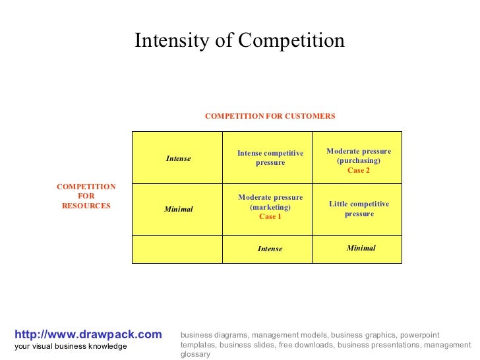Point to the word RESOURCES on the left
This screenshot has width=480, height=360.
86,206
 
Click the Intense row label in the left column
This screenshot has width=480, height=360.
178,158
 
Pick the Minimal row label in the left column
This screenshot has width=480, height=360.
178,209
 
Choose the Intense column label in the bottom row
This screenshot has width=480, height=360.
270,249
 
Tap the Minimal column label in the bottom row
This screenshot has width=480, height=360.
361,248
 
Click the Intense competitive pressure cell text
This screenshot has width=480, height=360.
270,158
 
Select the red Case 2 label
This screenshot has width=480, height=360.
359,170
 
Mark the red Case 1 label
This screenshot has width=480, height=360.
270,216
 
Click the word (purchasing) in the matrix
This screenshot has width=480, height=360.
359,161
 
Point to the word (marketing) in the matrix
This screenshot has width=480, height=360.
270,207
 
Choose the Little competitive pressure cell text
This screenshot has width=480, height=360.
359,209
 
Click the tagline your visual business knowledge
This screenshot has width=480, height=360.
71,347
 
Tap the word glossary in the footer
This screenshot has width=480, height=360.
195,354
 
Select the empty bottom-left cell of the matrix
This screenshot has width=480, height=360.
177,249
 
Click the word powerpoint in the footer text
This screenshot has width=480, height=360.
419,336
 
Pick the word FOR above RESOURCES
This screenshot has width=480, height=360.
86,196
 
